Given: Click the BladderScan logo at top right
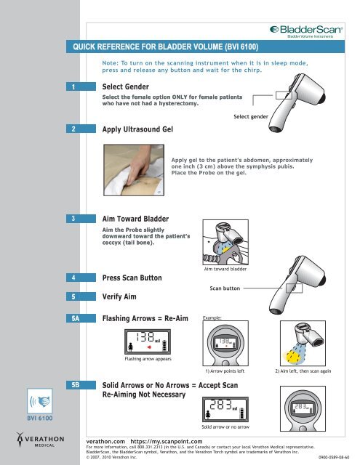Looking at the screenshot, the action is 306,32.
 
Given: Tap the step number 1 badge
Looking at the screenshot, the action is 81,86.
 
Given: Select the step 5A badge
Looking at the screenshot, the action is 81,318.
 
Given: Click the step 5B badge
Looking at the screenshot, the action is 81,385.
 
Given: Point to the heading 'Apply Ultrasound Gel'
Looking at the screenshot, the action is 137,129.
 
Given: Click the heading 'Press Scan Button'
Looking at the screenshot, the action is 132,278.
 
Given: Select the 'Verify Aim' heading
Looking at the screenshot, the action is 119,296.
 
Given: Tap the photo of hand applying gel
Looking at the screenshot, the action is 134,170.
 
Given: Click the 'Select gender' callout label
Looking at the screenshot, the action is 251,116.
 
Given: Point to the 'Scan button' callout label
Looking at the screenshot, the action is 225,288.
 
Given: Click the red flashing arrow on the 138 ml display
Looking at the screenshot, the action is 149,347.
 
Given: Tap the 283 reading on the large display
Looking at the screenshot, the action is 220,405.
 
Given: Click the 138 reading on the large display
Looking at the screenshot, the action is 145,337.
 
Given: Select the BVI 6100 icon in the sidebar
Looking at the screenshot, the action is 40,405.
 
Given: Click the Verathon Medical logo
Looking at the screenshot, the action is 40,440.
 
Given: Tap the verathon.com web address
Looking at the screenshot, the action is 105,442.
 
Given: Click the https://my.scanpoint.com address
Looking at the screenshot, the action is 167,442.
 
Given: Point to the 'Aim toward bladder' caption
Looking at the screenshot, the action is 225,269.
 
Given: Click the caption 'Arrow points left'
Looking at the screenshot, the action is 225,371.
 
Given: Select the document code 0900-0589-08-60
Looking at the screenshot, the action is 334,457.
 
